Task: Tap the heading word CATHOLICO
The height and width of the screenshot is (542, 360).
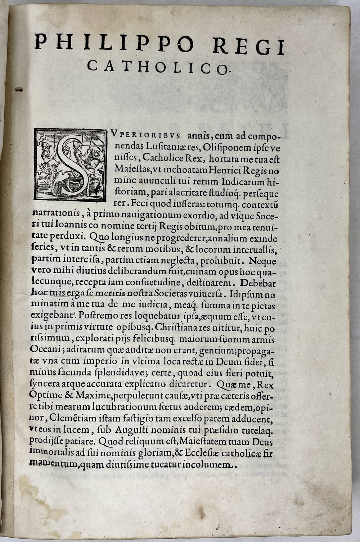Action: click(x=158, y=67)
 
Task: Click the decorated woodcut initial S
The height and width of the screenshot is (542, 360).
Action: click(x=70, y=164)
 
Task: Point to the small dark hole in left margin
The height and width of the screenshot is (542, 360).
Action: click(x=19, y=89)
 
